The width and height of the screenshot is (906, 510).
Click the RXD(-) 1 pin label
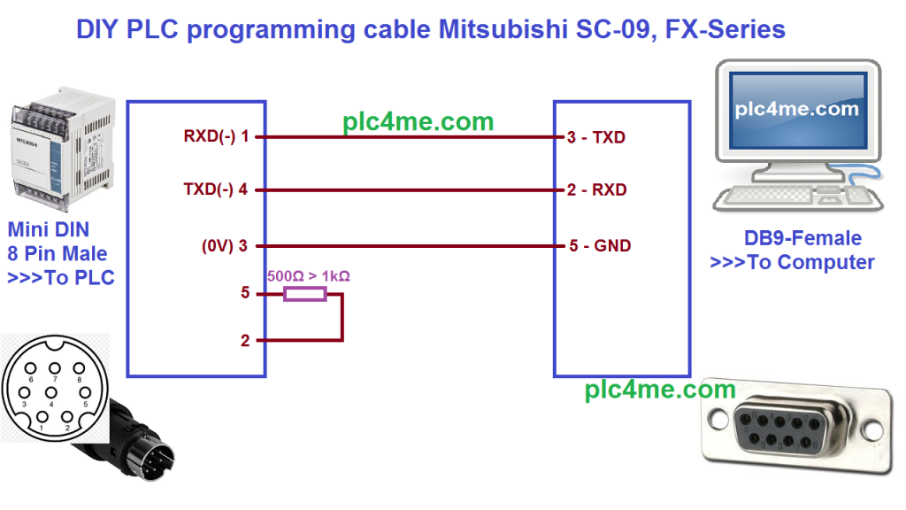pos(216,137)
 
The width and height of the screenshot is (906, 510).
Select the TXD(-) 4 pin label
pos(216,189)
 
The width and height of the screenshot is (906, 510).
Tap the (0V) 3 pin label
pos(225,246)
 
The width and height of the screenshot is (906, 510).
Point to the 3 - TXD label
pos(596,137)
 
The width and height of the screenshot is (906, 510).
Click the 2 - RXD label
pos(596,189)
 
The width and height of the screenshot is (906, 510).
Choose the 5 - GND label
pos(598,246)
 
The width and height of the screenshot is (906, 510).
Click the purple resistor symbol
pos(304,293)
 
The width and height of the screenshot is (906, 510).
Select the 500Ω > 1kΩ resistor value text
pos(308,276)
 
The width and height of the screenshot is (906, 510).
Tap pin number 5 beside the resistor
pos(245,293)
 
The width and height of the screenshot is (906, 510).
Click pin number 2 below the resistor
pos(245,340)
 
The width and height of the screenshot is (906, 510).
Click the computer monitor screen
pos(796,111)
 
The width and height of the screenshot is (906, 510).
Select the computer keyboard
pos(779,197)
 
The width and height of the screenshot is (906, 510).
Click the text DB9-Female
pos(802,238)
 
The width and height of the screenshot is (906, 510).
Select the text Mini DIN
pos(48,230)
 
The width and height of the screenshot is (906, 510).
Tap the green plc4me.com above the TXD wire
pos(418,121)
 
